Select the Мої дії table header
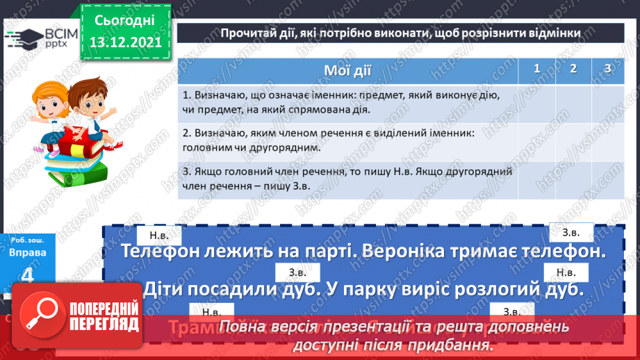pyautogui.click(x=347, y=70)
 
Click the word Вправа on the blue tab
pyautogui.click(x=28, y=253)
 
